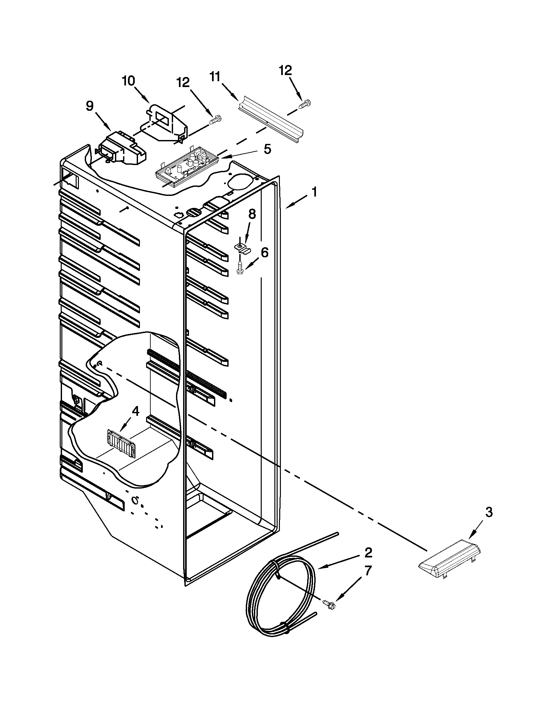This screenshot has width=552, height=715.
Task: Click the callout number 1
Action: click(x=314, y=192)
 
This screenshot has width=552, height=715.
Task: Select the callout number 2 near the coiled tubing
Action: click(x=368, y=553)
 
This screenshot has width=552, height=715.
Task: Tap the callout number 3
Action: click(x=488, y=513)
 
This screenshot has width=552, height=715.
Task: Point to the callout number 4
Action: click(x=135, y=411)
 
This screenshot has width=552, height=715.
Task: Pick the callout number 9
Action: click(x=90, y=106)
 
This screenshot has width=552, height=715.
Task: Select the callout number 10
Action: click(x=129, y=81)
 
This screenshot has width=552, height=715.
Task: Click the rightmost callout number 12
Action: click(x=285, y=71)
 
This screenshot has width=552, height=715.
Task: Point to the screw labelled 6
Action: click(x=240, y=268)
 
